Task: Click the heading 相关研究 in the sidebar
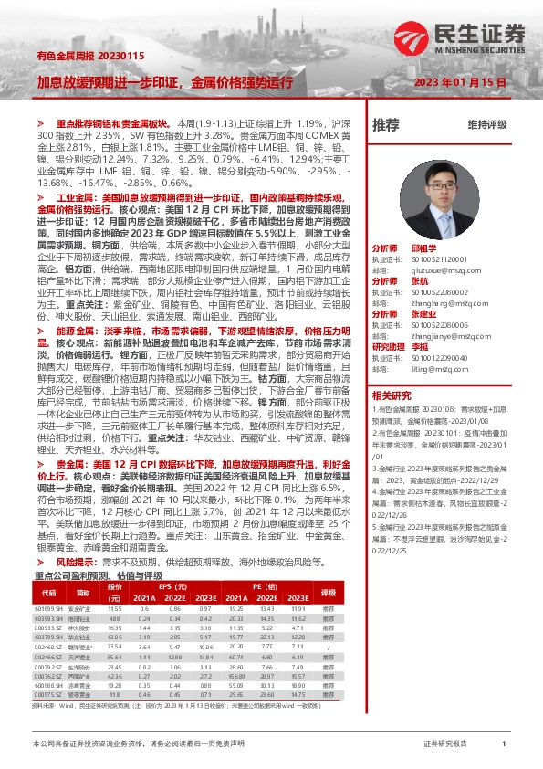pos(392,395)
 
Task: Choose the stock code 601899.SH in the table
pos(47,608)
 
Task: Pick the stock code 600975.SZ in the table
pos(47,695)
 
